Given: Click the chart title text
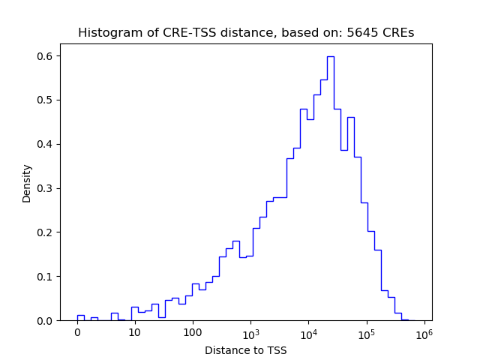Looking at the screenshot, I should click(x=246, y=33).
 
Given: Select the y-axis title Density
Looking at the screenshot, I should click(x=27, y=183).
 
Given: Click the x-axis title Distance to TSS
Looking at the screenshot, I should click(x=246, y=350).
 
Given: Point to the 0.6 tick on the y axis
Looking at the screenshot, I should click(x=46, y=56).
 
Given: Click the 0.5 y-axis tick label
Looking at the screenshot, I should click(x=46, y=100).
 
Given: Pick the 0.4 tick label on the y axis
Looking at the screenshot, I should click(x=46, y=144).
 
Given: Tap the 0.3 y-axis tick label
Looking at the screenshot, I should click(x=46, y=188).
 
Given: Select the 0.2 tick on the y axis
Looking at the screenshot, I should click(x=46, y=232).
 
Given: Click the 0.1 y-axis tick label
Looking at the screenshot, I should click(x=46, y=277).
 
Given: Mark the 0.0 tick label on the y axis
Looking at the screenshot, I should click(x=46, y=321).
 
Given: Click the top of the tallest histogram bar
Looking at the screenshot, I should click(x=330, y=56).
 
